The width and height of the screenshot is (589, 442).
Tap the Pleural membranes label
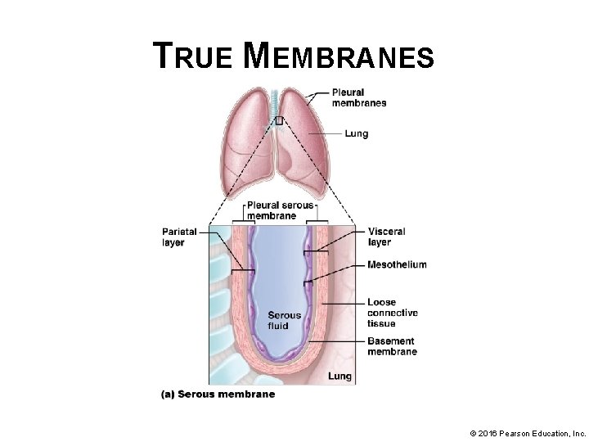coord(358,97)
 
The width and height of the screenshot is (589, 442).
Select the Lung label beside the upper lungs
coord(356,133)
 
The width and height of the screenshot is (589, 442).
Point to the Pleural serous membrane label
coord(280,210)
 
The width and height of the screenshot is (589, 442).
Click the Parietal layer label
coord(179,237)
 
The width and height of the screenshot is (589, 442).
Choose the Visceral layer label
coord(386,237)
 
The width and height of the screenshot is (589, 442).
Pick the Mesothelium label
coord(397,264)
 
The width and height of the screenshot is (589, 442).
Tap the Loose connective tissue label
coord(393,313)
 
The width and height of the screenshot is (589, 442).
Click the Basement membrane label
coord(392,346)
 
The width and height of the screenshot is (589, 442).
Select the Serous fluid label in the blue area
coord(285,320)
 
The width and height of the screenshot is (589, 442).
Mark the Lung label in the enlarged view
coord(339,377)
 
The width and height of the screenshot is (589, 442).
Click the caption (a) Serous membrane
coord(218,394)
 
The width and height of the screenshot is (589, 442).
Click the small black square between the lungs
coord(279,120)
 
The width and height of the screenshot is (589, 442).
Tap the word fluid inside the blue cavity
coord(278,326)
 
